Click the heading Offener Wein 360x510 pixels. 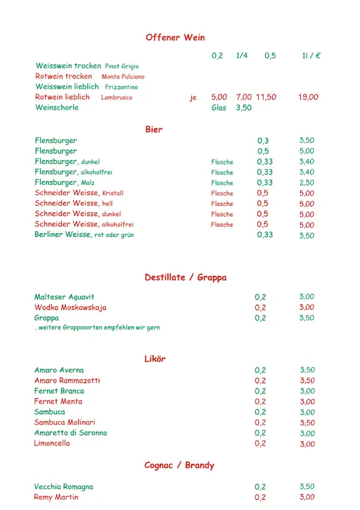coord(175,38)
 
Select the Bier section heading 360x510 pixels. coord(154,129)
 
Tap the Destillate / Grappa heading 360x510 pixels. coord(185,277)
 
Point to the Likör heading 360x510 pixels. coord(155,359)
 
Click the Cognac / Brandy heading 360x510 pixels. coord(179,465)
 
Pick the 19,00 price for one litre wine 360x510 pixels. coord(308,97)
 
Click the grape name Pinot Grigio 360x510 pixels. coord(122,66)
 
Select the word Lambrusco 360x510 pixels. coord(117,98)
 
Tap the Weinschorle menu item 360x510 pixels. coord(57,108)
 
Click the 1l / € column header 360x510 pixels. coord(311,55)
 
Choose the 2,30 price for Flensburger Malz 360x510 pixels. coord(306,182)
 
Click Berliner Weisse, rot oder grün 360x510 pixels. coord(84,235)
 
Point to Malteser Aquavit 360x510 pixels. coord(64,297)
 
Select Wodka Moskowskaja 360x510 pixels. coord(70,307)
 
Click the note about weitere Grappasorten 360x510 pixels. coord(97,328)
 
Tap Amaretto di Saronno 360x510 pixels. coord(71,433)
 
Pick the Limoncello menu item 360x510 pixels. coord(52,443)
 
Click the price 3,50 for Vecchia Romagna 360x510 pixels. coord(307,487)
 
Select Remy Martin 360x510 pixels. coord(56,497)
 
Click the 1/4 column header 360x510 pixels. coord(241,55)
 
